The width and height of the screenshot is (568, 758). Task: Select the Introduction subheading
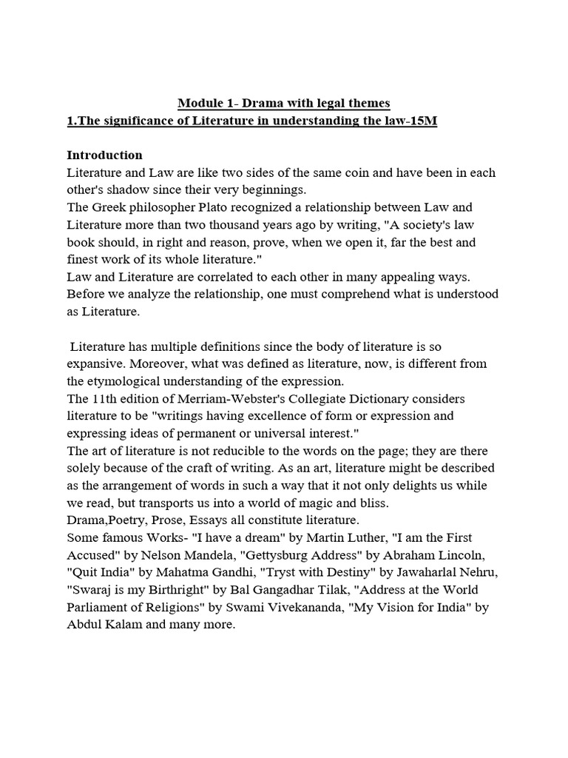point(104,155)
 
